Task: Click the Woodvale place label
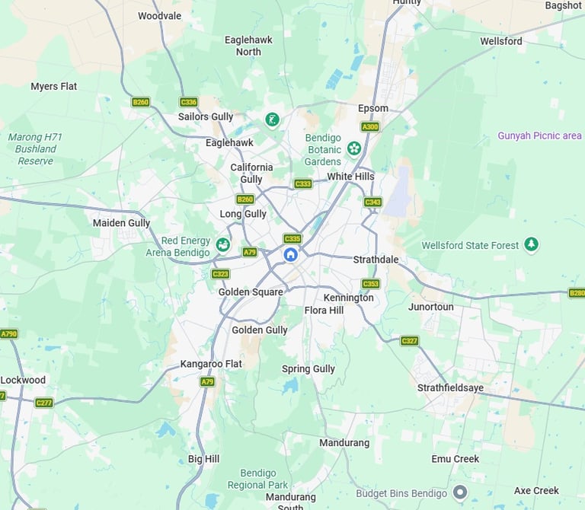(159, 15)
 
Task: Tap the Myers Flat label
(53, 86)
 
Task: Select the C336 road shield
(188, 102)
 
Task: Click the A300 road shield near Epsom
(370, 127)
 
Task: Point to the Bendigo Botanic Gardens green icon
(353, 148)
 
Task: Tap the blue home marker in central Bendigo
(290, 254)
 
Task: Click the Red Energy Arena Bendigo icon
(222, 244)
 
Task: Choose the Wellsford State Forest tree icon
(532, 244)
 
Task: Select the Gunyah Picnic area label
(539, 135)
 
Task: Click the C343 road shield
(372, 202)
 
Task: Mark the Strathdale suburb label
(376, 260)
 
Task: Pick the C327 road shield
(410, 341)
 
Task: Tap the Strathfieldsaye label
(450, 387)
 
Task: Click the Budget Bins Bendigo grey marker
(459, 492)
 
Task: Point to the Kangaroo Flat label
(211, 364)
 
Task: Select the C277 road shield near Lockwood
(44, 402)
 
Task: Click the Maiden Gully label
(121, 223)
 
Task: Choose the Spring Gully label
(308, 369)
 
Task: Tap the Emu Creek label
(455, 459)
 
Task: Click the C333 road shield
(303, 183)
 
